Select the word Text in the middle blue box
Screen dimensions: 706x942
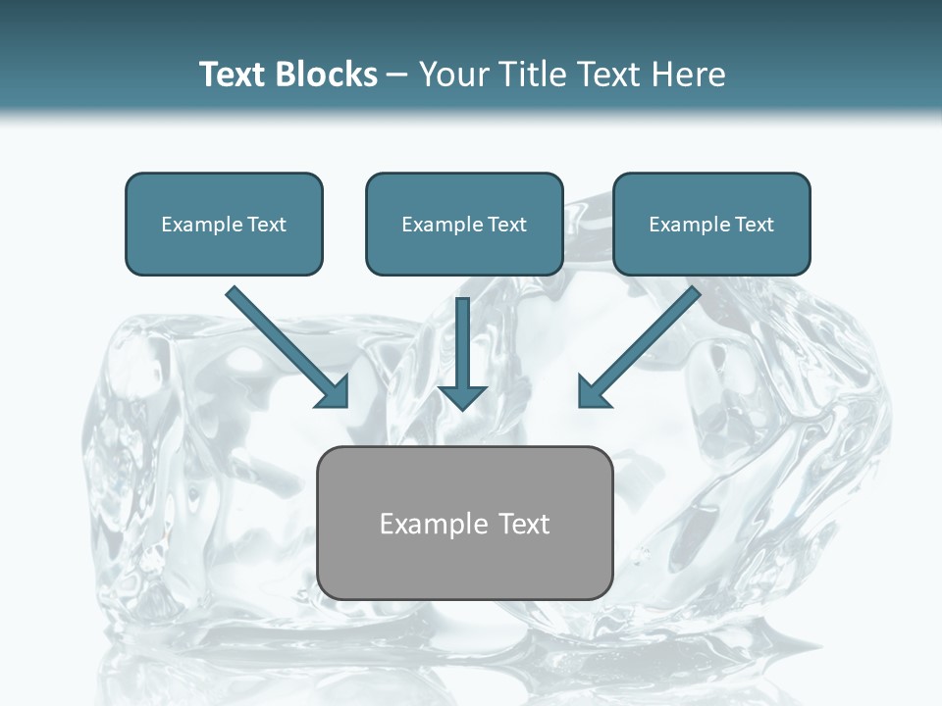click(506, 225)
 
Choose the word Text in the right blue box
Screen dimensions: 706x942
click(754, 225)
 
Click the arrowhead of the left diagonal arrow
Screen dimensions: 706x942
click(334, 392)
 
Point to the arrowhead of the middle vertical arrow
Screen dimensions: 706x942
click(462, 398)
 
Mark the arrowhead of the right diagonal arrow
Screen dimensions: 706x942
click(593, 392)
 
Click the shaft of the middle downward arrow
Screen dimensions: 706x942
click(462, 338)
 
